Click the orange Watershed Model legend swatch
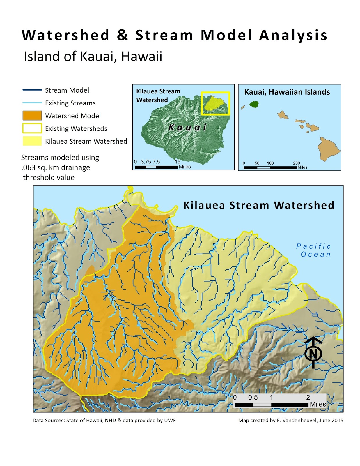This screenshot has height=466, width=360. pyautogui.click(x=32, y=116)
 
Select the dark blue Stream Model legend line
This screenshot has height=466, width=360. pyautogui.click(x=32, y=90)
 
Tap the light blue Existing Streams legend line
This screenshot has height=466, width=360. pyautogui.click(x=32, y=103)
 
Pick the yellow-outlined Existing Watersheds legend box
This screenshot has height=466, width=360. pyautogui.click(x=32, y=128)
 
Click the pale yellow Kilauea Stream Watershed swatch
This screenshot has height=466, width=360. pyautogui.click(x=32, y=141)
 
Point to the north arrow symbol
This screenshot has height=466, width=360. pyautogui.click(x=313, y=353)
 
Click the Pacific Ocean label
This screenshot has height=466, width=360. pyautogui.click(x=314, y=250)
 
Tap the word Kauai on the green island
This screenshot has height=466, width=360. pyautogui.click(x=187, y=127)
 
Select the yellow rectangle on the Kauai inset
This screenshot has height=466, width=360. pyautogui.click(x=216, y=103)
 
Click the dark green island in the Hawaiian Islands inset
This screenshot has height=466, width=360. pyautogui.click(x=254, y=104)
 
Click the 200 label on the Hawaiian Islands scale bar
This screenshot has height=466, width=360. pyautogui.click(x=296, y=163)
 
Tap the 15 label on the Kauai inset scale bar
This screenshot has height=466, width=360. pyautogui.click(x=178, y=162)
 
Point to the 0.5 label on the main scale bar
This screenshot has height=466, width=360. pyautogui.click(x=253, y=397)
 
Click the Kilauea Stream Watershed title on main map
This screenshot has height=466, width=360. pyautogui.click(x=258, y=205)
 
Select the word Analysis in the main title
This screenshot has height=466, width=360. pyautogui.click(x=293, y=35)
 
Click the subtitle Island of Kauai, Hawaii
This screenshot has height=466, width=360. pyautogui.click(x=93, y=56)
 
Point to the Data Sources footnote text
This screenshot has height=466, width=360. pyautogui.click(x=104, y=420)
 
